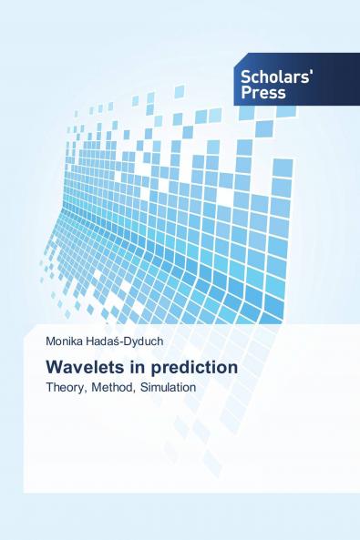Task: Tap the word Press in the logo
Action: [x=264, y=93]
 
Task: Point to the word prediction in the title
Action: [x=194, y=367]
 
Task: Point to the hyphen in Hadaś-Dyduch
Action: [x=135, y=346]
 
